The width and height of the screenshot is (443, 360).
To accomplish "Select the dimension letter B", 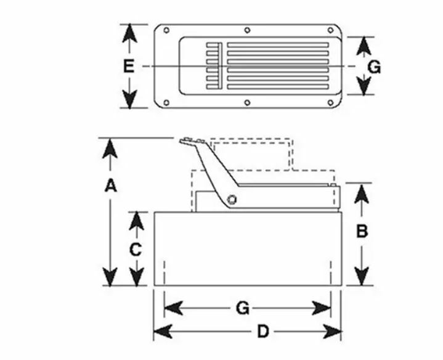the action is (362, 231).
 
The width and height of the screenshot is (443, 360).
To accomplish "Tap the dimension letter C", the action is (136, 250).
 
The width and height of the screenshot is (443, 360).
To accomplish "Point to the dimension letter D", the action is (262, 332).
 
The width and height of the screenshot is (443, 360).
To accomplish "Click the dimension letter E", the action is (129, 67).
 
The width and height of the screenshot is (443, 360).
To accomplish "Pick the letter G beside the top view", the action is (375, 68).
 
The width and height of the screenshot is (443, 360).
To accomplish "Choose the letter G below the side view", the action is (243, 308).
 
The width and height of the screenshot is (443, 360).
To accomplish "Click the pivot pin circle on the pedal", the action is (232, 200).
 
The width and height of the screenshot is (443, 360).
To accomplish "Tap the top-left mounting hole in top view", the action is (166, 30).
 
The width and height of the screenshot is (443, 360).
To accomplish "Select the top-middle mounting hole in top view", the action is (247, 30).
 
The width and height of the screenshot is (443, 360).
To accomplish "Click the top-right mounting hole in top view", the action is (330, 30).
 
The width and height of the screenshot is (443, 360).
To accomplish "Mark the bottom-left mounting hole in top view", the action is (166, 102).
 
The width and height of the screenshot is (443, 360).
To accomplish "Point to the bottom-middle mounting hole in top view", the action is (247, 102).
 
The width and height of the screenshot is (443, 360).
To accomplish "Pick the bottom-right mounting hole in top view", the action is (330, 102).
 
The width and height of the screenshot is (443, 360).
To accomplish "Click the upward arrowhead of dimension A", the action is (110, 149).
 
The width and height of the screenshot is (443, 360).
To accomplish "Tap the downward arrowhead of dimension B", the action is (362, 276).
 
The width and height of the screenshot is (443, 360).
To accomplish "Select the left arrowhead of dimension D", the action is (163, 332).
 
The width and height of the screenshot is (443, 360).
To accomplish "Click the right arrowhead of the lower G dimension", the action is (321, 308).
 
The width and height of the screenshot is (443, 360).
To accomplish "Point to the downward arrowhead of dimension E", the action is (129, 99).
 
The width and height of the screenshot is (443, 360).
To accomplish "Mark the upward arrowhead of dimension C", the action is (136, 221).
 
